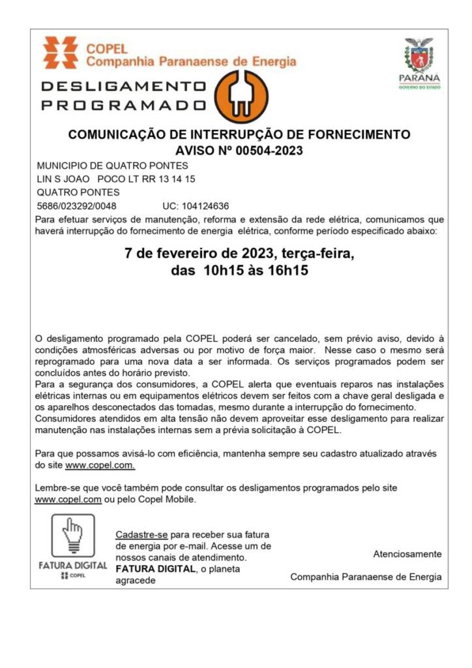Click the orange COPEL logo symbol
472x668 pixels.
pos(60,53)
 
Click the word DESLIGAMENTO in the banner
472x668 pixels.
pos(123,86)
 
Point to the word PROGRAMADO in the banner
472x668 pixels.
pos(123,104)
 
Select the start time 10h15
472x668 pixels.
pos(216,270)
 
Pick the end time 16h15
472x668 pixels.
pos(286,270)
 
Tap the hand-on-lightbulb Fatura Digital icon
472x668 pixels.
pos(73,535)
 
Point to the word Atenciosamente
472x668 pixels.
pos(407,554)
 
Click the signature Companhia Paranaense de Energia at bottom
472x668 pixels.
pos(365,577)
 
